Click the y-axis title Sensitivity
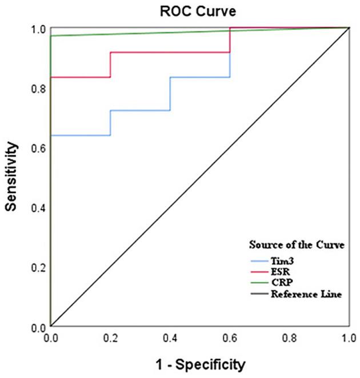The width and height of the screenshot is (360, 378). pyautogui.click(x=12, y=177)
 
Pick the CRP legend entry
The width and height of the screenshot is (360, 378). pyautogui.click(x=295, y=283)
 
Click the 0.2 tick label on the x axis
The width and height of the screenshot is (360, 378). pyautogui.click(x=110, y=339)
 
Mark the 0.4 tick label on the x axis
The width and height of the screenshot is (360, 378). pyautogui.click(x=170, y=339)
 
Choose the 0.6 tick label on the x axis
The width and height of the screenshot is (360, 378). pyautogui.click(x=230, y=339)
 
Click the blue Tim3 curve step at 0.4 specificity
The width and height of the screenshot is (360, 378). pyautogui.click(x=170, y=94)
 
